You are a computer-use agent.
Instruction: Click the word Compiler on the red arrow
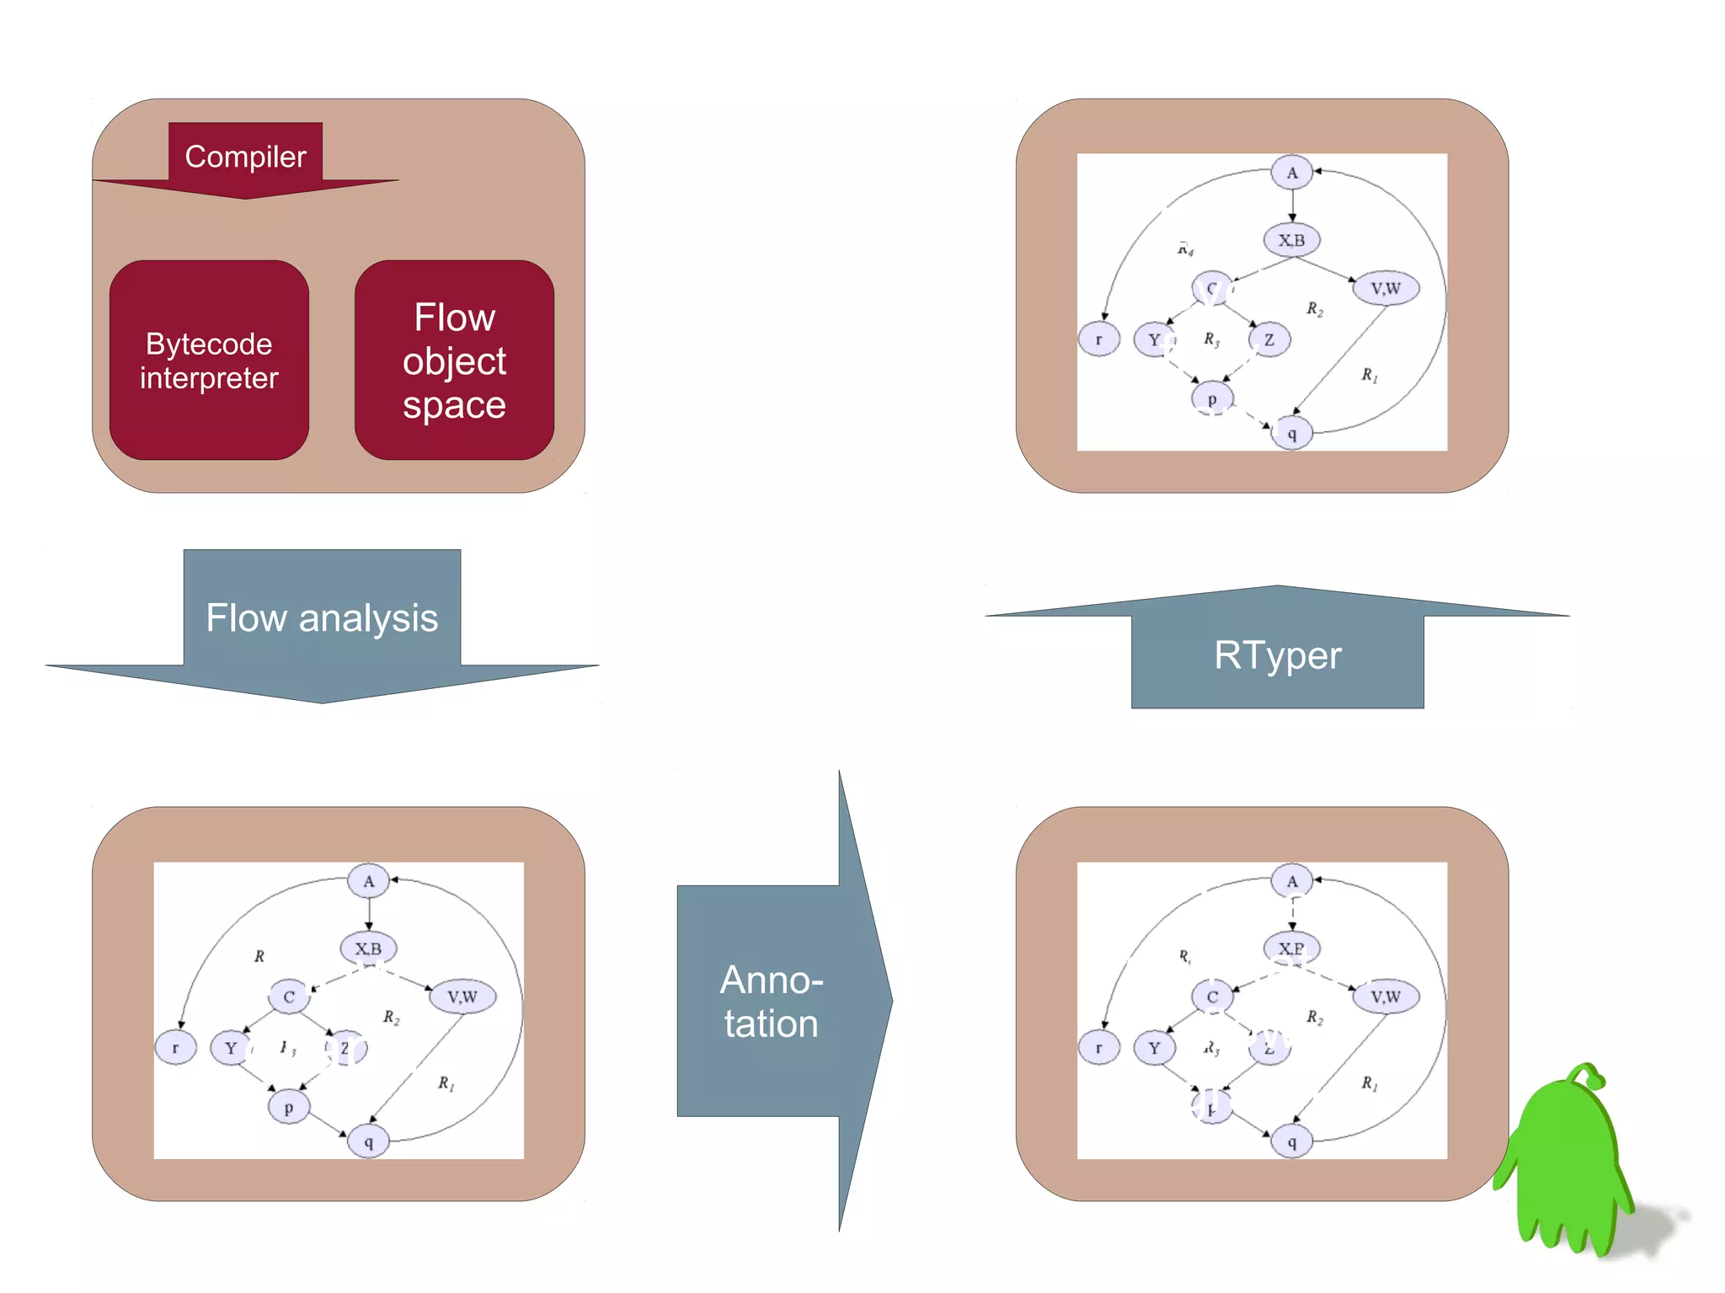click(245, 157)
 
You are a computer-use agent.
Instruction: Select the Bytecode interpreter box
click(209, 361)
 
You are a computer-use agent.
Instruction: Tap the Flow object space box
click(454, 361)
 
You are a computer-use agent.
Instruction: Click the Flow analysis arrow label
click(322, 618)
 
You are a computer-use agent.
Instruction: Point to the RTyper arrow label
click(1277, 655)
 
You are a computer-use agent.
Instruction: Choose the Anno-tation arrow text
click(771, 1002)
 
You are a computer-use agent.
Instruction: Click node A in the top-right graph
click(1292, 173)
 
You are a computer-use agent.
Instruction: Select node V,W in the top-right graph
click(1386, 288)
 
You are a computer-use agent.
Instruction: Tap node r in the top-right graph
click(1098, 339)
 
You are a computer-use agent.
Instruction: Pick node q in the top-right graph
click(1291, 434)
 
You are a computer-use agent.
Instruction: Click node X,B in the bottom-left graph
click(368, 948)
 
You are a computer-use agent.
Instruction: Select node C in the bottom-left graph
click(289, 996)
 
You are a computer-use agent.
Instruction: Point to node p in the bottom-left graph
click(288, 1107)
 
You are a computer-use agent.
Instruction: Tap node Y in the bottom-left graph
click(231, 1048)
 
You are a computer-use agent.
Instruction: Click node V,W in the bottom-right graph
click(1386, 996)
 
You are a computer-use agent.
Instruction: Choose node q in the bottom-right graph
click(1291, 1142)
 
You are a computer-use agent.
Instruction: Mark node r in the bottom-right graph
click(1098, 1048)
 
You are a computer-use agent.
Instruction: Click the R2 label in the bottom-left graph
click(391, 1017)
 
